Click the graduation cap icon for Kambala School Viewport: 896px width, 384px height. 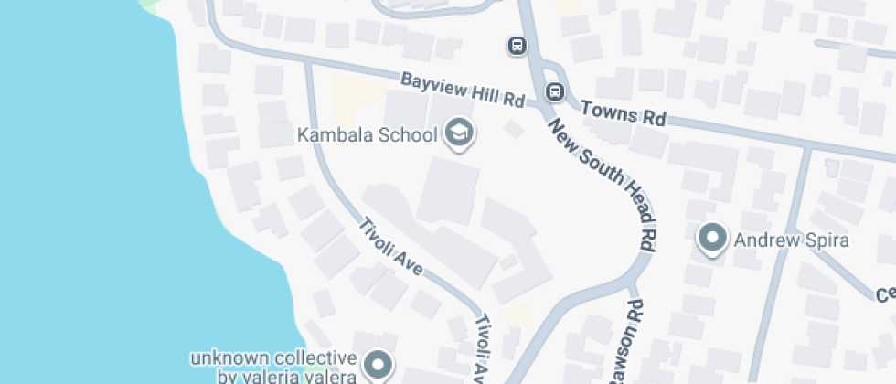458,134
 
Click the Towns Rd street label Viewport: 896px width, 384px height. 624,113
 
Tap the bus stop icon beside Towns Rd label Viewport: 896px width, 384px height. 554,91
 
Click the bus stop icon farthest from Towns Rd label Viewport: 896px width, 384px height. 517,45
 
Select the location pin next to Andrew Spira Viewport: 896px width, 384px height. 711,239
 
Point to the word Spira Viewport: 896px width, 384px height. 827,241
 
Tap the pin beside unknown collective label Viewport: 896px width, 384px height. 376,366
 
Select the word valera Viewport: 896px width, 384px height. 333,375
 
